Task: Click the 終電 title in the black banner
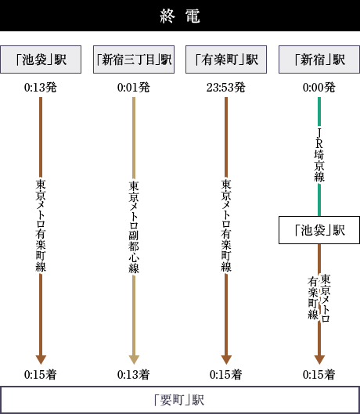[x=180, y=16]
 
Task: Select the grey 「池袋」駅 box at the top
[x=41, y=59]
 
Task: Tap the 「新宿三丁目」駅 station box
[x=134, y=59]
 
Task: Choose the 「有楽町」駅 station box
[x=226, y=59]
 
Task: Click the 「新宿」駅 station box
[x=319, y=59]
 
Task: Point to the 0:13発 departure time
[x=41, y=88]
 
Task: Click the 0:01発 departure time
[x=134, y=88]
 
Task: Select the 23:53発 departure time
[x=226, y=88]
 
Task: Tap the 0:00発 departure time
[x=319, y=88]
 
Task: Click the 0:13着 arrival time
[x=134, y=374]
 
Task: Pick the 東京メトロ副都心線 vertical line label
[x=134, y=227]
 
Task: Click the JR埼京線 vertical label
[x=319, y=155]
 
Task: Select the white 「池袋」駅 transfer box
[x=319, y=230]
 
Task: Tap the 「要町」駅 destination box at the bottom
[x=180, y=400]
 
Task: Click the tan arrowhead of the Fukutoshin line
[x=134, y=360]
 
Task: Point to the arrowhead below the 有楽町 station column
[x=226, y=360]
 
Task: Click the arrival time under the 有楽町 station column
[x=226, y=374]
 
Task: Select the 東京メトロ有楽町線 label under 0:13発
[x=41, y=225]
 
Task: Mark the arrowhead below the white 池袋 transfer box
[x=319, y=360]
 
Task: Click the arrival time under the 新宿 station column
[x=319, y=374]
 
